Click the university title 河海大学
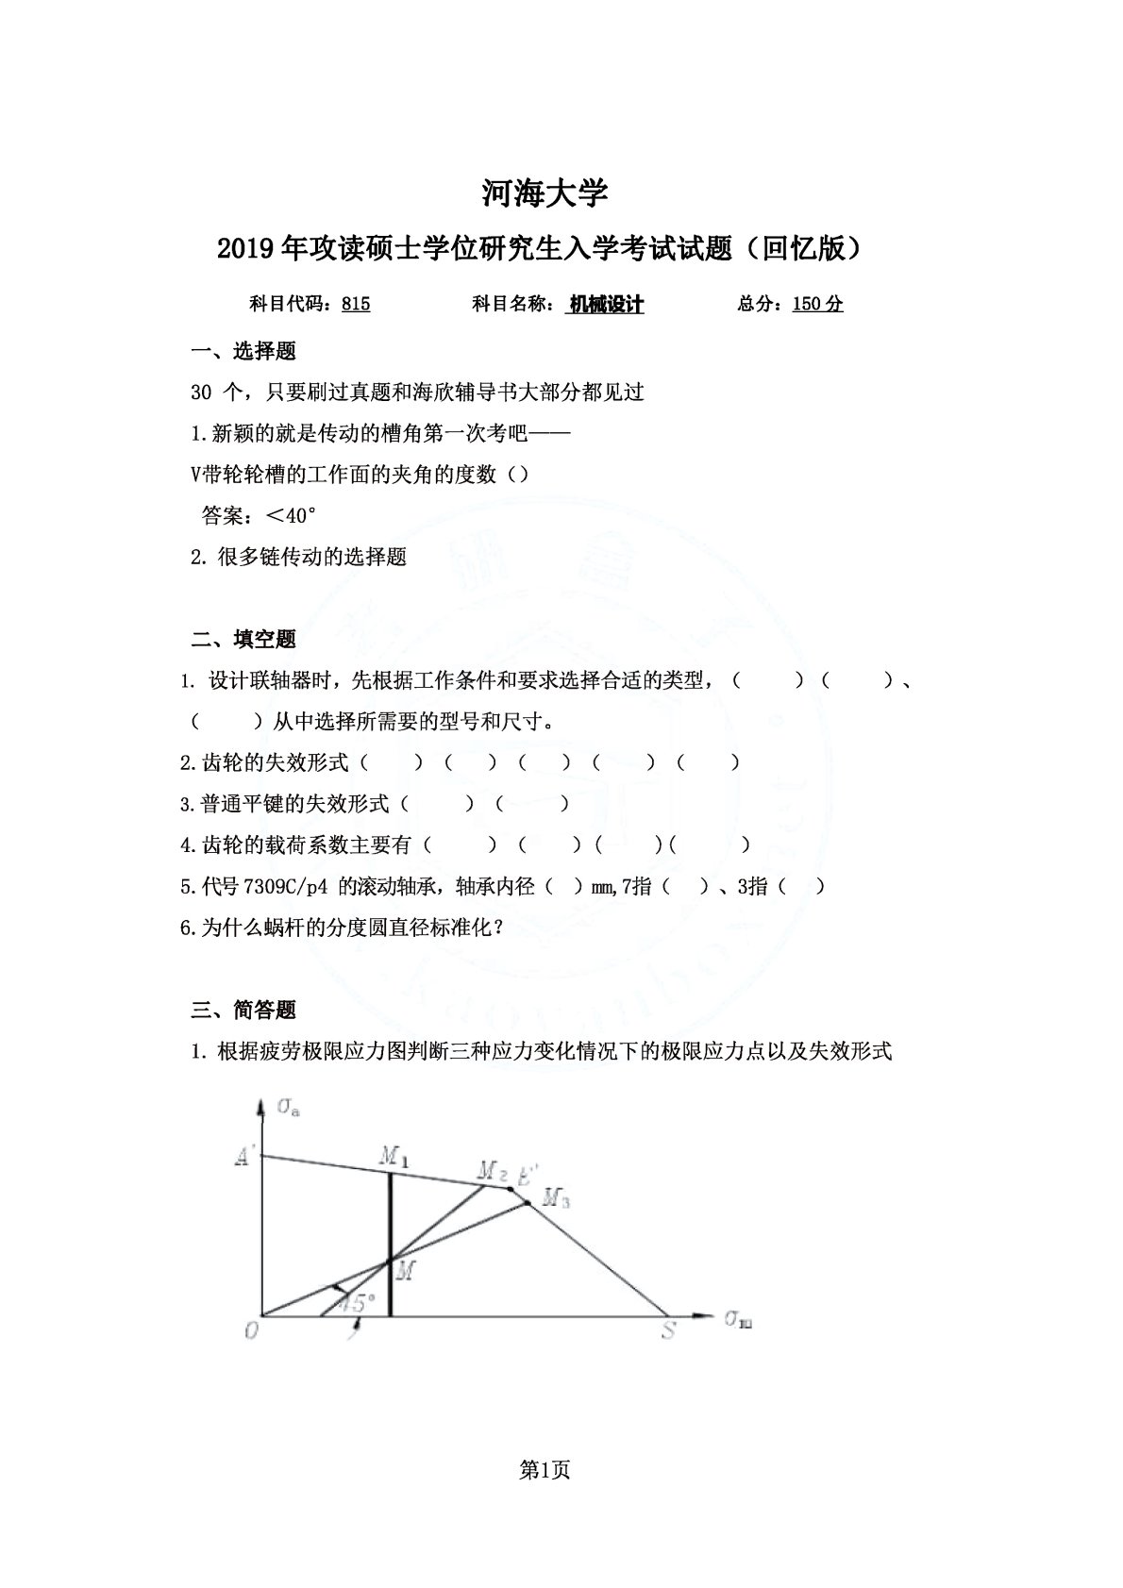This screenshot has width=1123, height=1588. pyautogui.click(x=545, y=193)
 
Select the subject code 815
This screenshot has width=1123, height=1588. pyautogui.click(x=356, y=304)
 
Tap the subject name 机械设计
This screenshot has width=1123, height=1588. pyautogui.click(x=606, y=304)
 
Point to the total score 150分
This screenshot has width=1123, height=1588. pyautogui.click(x=817, y=304)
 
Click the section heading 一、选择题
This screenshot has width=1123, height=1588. pyautogui.click(x=243, y=352)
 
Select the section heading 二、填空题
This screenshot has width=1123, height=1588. pyautogui.click(x=243, y=640)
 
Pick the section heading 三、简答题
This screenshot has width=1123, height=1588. pyautogui.click(x=243, y=1011)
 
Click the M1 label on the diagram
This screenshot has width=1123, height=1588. pyautogui.click(x=394, y=1157)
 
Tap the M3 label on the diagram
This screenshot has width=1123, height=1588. pyautogui.click(x=557, y=1200)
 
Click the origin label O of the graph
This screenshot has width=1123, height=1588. pyautogui.click(x=251, y=1330)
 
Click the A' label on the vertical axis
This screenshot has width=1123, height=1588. pyautogui.click(x=243, y=1157)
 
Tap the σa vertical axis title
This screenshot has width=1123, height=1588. pyautogui.click(x=289, y=1107)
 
